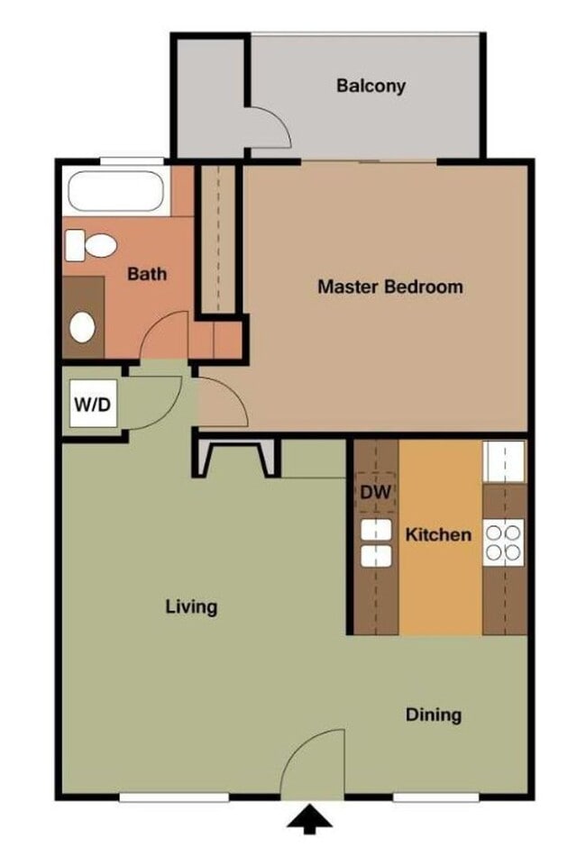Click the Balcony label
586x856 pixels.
pos(371,87)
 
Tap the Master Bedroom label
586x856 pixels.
pos(389,287)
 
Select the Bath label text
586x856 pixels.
pos(146,273)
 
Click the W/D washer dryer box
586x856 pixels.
pos(93,405)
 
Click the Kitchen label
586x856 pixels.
pos(437,534)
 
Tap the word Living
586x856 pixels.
pos(191,606)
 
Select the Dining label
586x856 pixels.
pos(433,715)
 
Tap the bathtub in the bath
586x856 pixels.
pos(115,191)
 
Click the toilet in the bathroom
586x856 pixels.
pos(92,244)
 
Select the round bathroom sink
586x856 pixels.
pos(83,327)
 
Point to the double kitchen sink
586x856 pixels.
pos(376,543)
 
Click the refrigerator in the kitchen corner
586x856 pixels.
pos(504,462)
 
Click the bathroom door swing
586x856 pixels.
pos(166,335)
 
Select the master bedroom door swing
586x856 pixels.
pos(222,403)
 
